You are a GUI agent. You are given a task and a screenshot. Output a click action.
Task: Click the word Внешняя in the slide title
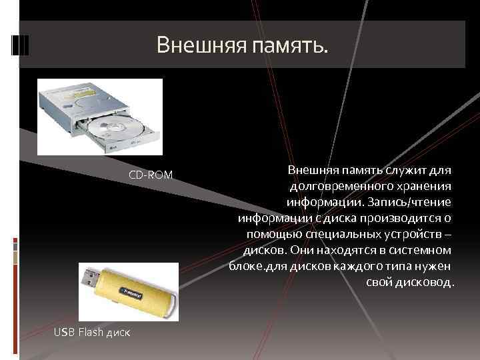pos(200,45)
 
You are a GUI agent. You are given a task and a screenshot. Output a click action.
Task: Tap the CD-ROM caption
pos(150,175)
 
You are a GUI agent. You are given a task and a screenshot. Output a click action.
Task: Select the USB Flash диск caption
pos(91,332)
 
